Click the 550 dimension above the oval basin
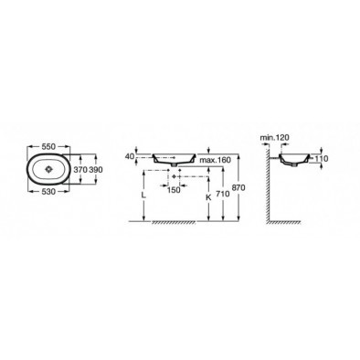[x=48, y=147]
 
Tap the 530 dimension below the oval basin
[x=48, y=192]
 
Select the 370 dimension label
[x=80, y=170]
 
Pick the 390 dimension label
[x=95, y=170]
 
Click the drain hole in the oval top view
[x=48, y=169]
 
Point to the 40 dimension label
[x=130, y=156]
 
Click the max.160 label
[x=215, y=160]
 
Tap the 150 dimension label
[x=174, y=190]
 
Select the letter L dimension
[x=143, y=196]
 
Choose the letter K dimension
[x=208, y=197]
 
